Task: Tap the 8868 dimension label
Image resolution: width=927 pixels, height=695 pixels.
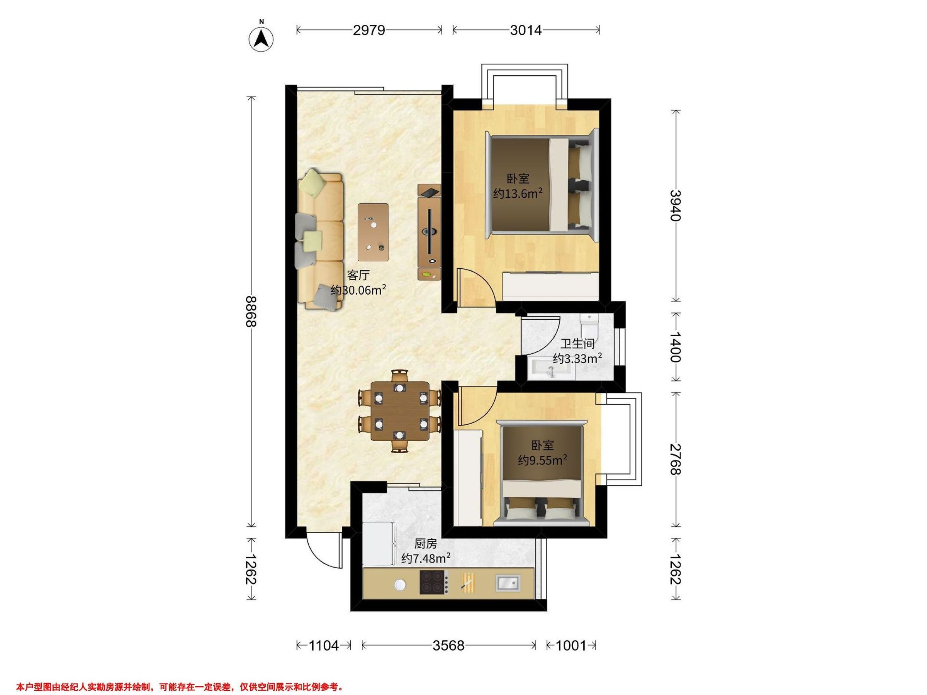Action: [251, 311]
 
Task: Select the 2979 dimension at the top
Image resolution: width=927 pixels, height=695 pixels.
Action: [369, 30]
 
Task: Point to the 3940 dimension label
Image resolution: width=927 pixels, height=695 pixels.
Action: [676, 205]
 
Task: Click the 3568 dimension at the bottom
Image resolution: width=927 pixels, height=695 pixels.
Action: [448, 646]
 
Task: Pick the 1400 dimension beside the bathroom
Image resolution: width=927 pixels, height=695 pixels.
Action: [676, 347]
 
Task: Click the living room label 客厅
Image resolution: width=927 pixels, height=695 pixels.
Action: [358, 275]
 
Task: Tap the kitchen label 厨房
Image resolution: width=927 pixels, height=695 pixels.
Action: [426, 544]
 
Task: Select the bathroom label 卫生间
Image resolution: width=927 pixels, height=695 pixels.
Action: [577, 344]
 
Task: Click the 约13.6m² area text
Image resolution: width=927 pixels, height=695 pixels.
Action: [518, 193]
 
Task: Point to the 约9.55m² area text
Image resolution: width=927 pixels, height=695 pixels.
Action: [543, 460]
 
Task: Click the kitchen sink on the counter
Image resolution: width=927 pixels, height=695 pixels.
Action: [508, 582]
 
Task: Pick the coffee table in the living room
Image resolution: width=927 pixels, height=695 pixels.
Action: [373, 232]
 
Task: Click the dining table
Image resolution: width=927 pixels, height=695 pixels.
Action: [400, 410]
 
